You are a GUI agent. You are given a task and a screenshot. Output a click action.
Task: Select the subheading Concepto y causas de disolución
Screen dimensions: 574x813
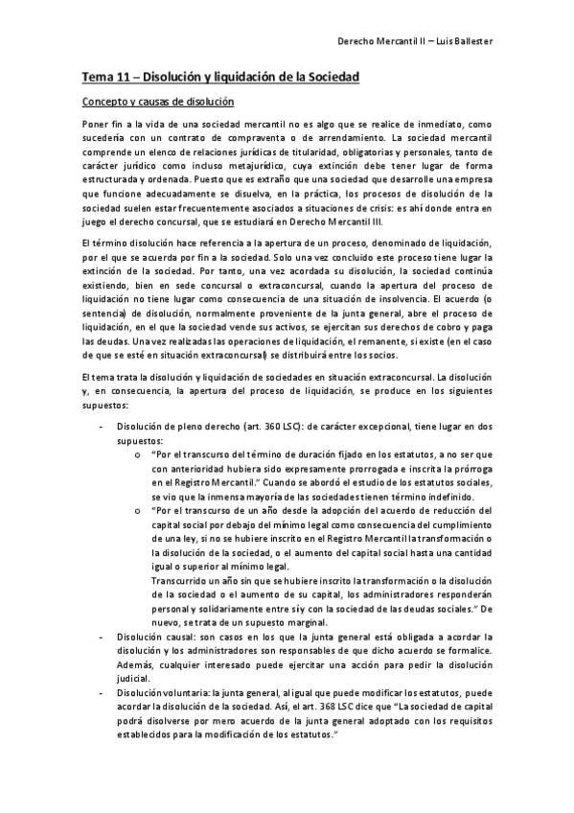157,101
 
